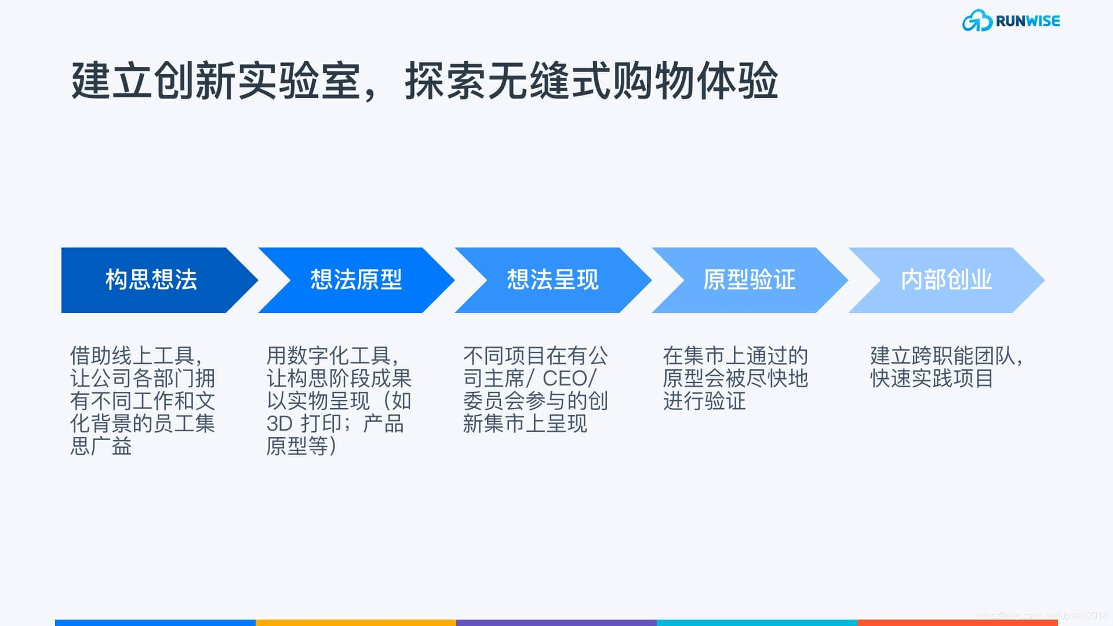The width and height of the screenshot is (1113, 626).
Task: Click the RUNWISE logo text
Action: click(1027, 21)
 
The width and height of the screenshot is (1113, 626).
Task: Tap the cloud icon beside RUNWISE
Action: click(977, 21)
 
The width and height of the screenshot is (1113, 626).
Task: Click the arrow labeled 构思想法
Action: click(151, 280)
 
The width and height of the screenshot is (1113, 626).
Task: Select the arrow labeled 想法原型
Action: click(356, 280)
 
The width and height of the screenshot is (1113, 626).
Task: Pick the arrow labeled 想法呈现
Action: click(552, 280)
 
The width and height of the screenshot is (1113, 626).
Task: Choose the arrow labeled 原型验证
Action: click(749, 280)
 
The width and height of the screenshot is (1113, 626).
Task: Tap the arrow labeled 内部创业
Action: click(946, 280)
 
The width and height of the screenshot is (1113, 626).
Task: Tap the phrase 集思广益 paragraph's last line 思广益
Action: click(101, 446)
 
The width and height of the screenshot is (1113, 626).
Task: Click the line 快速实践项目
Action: click(932, 378)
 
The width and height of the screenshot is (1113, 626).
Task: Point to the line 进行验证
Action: click(704, 401)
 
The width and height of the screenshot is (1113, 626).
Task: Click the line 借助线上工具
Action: click(136, 355)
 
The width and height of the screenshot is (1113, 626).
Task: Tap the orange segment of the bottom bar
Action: click(355, 623)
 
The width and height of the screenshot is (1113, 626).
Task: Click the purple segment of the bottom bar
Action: click(556, 623)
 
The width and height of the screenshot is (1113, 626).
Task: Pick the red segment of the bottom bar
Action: click(956, 623)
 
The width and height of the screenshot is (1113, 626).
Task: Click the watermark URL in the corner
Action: click(1041, 615)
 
